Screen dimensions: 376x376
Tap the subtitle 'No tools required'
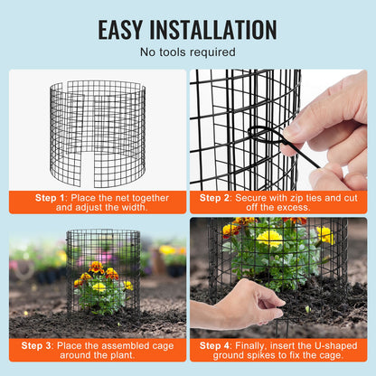188,52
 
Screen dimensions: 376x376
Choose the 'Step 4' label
216,344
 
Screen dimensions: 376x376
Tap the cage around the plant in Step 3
103,271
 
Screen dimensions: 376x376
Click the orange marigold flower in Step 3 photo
96,268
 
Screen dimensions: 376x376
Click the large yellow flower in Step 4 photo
269,239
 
